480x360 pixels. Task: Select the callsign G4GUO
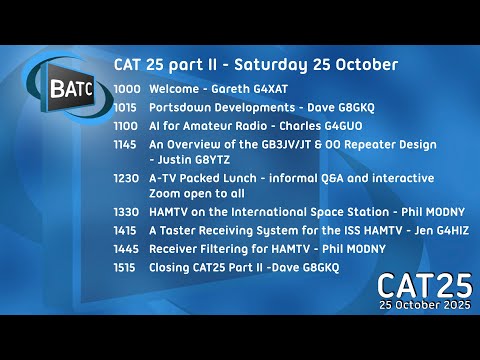338,126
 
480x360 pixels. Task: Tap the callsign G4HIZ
447,230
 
